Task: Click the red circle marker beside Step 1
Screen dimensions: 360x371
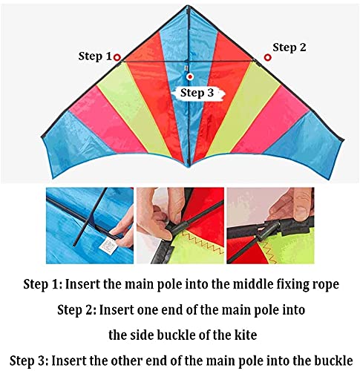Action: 117,57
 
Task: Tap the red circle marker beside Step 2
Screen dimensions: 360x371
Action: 267,57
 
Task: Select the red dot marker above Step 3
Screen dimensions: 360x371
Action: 190,76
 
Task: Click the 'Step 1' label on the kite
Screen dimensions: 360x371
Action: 95,56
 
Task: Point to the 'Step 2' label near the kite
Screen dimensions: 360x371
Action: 289,47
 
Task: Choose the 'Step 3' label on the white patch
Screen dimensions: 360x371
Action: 197,93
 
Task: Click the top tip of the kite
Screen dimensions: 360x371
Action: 189,5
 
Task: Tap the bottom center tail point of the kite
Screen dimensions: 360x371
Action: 189,166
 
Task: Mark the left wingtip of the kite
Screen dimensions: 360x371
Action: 43,137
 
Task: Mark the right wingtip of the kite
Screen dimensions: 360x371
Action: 342,140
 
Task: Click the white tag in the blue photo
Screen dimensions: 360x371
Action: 108,246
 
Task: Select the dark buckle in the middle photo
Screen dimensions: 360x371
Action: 176,228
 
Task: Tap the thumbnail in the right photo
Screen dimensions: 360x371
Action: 301,210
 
